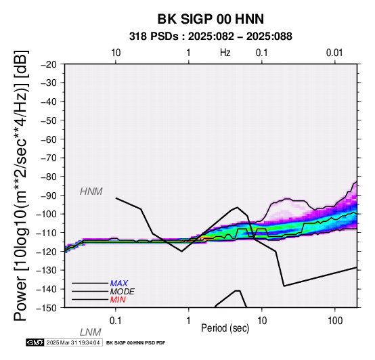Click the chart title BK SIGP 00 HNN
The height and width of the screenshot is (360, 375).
pyautogui.click(x=211, y=19)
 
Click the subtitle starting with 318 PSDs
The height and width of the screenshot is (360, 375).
pyautogui.click(x=211, y=37)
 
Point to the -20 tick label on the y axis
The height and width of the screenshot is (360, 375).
pyautogui.click(x=49, y=64)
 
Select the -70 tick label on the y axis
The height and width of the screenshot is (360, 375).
pyautogui.click(x=49, y=158)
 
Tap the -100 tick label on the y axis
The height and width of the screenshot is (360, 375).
pyautogui.click(x=46, y=215)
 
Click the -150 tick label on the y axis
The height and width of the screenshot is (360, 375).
pyautogui.click(x=46, y=308)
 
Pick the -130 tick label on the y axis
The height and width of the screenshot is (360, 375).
pyautogui.click(x=46, y=271)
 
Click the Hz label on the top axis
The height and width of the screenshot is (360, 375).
pyautogui.click(x=225, y=53)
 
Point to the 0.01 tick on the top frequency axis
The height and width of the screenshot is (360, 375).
pyautogui.click(x=334, y=53)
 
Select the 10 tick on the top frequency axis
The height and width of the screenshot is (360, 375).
pyautogui.click(x=116, y=53)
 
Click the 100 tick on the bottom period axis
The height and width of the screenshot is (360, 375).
pyautogui.click(x=335, y=321)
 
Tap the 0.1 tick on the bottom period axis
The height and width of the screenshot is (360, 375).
pyautogui.click(x=116, y=321)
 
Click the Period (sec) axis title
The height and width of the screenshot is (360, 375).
pyautogui.click(x=225, y=328)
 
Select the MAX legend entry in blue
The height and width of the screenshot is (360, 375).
pyautogui.click(x=119, y=284)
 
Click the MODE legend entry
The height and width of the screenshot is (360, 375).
pyautogui.click(x=123, y=292)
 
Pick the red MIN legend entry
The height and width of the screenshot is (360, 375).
pyautogui.click(x=118, y=300)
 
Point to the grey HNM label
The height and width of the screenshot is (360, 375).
pyautogui.click(x=91, y=192)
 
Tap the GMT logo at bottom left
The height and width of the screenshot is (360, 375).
pyautogui.click(x=35, y=342)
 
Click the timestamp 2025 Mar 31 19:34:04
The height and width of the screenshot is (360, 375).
pyautogui.click(x=73, y=342)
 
